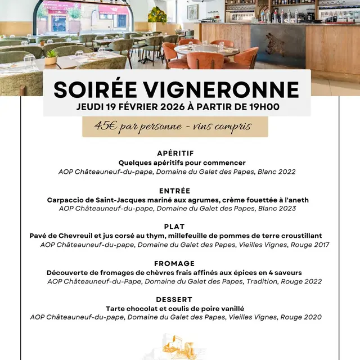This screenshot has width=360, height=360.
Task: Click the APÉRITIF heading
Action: click(175, 153)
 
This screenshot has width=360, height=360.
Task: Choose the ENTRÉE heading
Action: click(174, 191)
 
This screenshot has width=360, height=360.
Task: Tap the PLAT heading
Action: click(174, 227)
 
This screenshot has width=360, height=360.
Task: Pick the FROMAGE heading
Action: click(174, 263)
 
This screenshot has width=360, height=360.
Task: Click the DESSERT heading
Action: click(174, 299)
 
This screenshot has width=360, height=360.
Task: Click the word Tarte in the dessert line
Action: click(116, 308)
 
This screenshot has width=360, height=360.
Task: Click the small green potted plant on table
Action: click(51, 57)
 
